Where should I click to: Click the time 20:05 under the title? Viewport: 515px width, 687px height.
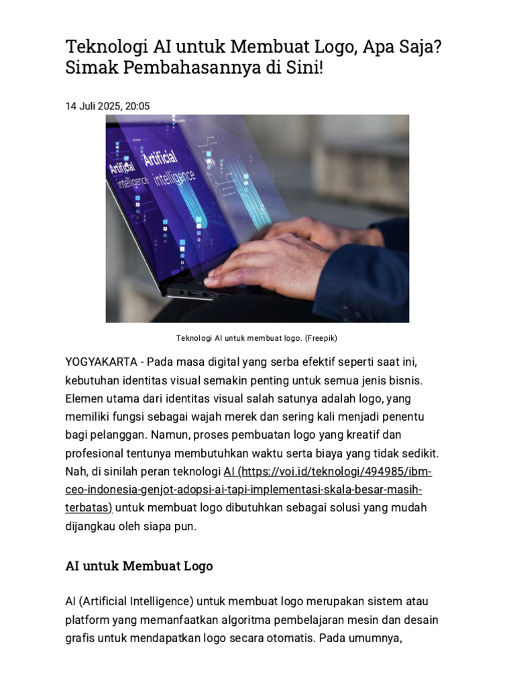tap(137, 106)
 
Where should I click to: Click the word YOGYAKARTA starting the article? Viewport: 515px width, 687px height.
tap(101, 362)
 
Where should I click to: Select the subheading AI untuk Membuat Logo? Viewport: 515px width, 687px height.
tap(139, 566)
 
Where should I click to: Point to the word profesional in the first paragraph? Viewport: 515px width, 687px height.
tap(94, 454)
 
